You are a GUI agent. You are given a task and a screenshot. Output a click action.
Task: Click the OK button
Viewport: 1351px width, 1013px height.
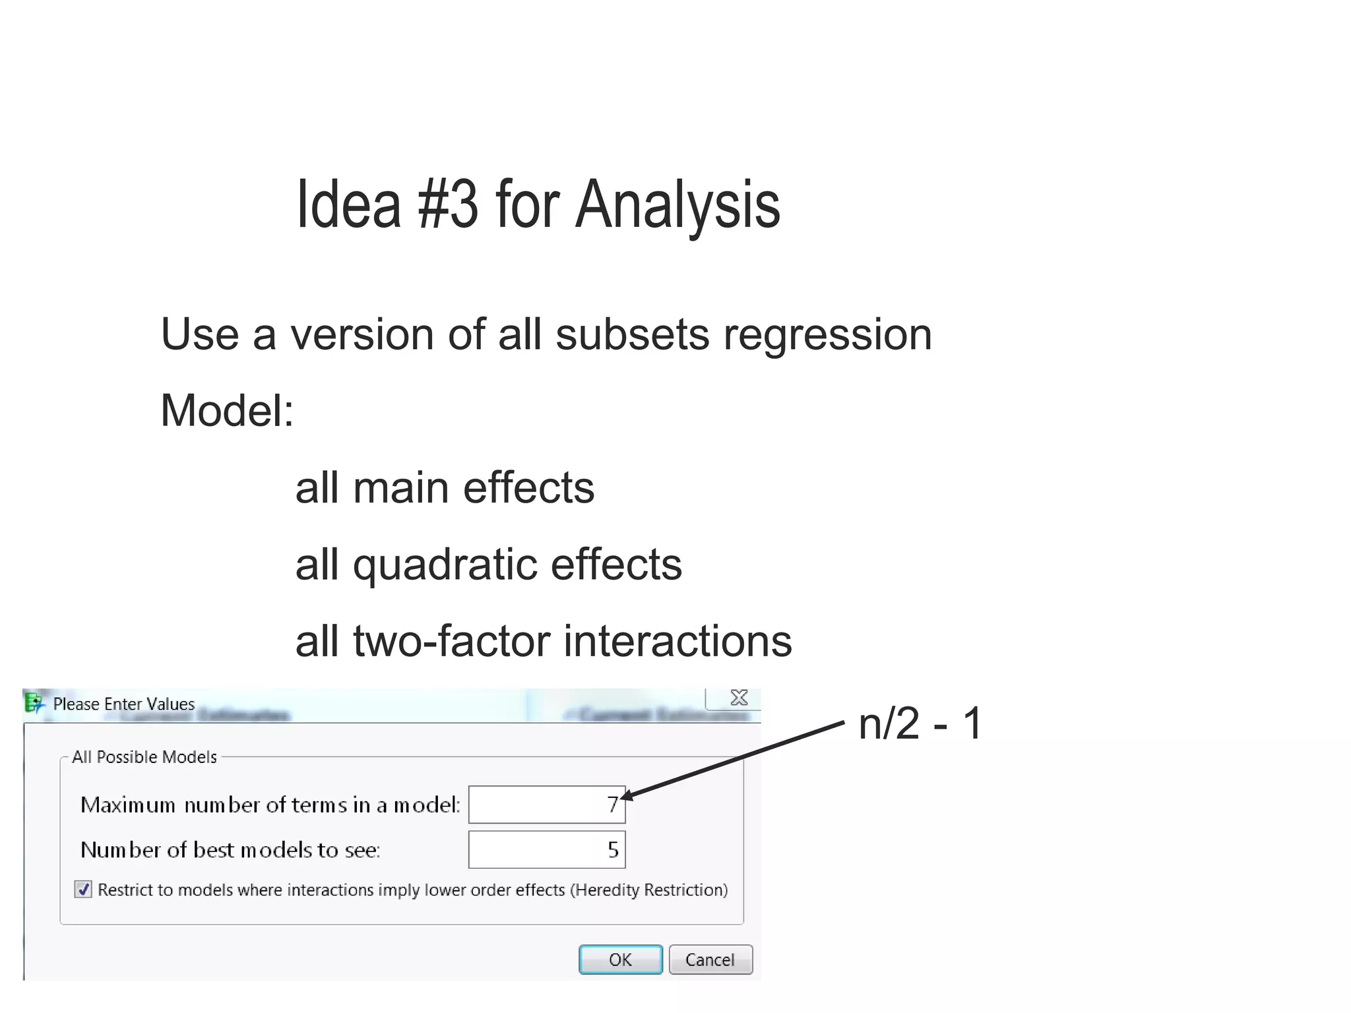click(620, 960)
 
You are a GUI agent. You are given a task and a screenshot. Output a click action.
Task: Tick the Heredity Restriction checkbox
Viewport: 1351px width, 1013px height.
click(83, 890)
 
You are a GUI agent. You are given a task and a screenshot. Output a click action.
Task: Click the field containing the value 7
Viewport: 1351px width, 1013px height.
click(546, 805)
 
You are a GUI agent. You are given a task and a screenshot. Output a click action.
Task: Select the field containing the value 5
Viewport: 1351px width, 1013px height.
click(546, 849)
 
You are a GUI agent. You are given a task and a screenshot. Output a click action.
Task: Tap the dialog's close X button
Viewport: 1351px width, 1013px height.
click(739, 698)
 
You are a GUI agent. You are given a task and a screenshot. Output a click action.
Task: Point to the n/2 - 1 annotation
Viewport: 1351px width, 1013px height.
click(920, 723)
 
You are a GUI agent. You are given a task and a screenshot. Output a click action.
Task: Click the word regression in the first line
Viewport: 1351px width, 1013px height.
click(827, 335)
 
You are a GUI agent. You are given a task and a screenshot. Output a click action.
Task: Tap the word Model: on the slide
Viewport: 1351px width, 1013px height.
click(227, 411)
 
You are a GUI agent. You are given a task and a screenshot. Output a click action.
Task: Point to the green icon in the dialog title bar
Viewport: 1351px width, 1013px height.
click(34, 703)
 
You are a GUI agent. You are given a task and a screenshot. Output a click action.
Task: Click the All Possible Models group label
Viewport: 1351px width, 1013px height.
click(144, 757)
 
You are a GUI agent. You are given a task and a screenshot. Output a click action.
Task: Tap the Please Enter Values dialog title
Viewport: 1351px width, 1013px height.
click(124, 704)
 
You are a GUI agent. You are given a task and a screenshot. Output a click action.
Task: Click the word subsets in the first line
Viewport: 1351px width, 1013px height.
click(633, 335)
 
